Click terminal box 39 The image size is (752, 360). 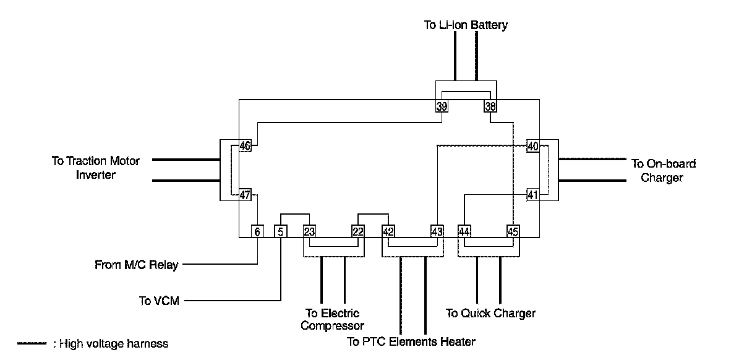coord(442,106)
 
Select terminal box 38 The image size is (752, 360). coord(490,106)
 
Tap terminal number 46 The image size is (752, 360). coord(245,146)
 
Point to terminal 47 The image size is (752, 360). coord(245,195)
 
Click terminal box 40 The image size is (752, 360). coord(533,146)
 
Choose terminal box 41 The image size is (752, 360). coord(533,195)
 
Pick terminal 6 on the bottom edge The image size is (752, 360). coord(257,231)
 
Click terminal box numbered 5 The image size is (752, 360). coord(281,231)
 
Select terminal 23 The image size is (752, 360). coord(310,231)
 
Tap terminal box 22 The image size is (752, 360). coord(358,231)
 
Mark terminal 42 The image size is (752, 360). coord(388,231)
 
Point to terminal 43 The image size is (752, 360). coord(437,231)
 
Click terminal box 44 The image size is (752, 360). coord(464,231)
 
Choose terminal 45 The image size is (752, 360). coord(513,231)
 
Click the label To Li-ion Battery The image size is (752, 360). coord(466,25)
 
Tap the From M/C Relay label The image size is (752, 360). coord(136,265)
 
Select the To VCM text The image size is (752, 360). coord(159,301)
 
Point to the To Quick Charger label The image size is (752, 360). coord(490,314)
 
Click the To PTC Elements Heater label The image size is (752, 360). coord(411,341)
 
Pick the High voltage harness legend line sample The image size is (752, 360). coord(32,343)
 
